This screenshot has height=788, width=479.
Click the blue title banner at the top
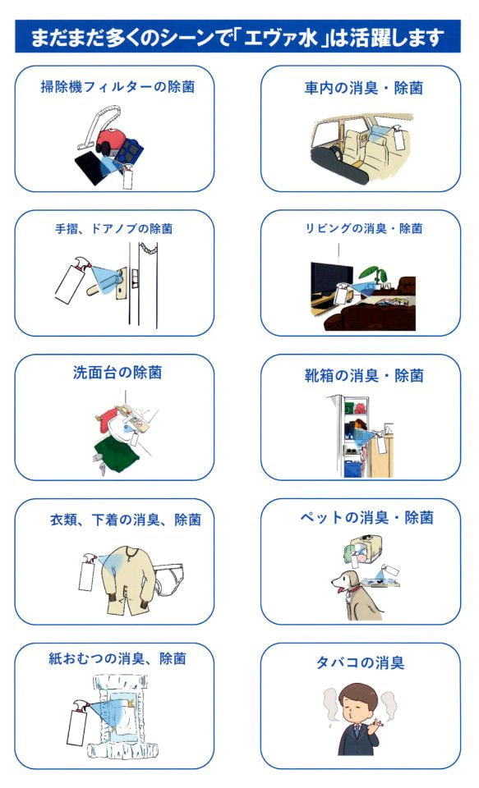coord(237,37)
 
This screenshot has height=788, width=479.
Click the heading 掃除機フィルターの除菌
coord(117,87)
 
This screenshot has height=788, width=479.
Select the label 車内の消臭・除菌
coord(363,88)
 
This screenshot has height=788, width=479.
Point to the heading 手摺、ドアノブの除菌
coord(113,229)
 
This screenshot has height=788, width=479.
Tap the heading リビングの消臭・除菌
coord(364,229)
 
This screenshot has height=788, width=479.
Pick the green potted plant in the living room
coord(375,274)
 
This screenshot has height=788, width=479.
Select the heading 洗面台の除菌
coord(117,373)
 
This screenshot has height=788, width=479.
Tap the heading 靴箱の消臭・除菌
coord(364,375)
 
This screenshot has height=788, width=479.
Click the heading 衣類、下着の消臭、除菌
coord(126,519)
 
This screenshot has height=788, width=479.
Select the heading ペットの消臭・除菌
coord(366,517)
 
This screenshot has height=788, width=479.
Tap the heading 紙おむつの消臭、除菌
coord(117,658)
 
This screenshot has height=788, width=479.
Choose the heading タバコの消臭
coord(360,662)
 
